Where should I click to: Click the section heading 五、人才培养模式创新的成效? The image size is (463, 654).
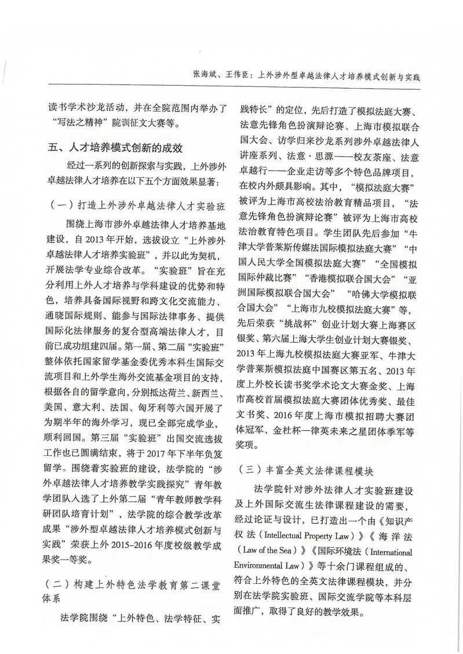click(116, 148)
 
